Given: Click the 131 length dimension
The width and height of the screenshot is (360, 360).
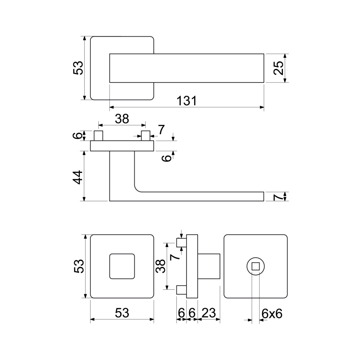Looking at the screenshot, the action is pos(186,101).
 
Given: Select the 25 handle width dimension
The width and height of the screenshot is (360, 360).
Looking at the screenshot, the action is pos(279,68).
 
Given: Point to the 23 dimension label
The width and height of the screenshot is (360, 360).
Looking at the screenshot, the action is pos(209,313).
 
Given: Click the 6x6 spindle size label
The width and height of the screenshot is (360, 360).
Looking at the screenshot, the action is pos(272,314).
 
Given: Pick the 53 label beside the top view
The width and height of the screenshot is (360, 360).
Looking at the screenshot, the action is pos(78,68).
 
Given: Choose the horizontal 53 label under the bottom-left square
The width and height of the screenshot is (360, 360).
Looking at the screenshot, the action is pos(122,313).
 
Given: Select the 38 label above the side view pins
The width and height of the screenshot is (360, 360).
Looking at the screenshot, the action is pos(122,119).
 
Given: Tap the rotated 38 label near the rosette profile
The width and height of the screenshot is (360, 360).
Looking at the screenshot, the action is pos(161,266).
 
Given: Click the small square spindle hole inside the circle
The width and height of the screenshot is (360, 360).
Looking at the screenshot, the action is pos(256,266).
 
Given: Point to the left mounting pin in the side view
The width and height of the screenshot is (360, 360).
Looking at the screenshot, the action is pos(99,136).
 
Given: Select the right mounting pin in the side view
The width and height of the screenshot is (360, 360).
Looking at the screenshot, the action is pos(145,136).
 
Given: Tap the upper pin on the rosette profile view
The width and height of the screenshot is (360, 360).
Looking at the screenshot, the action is pos(181,243).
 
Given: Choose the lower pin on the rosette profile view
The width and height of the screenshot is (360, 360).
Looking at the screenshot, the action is pos(181,290).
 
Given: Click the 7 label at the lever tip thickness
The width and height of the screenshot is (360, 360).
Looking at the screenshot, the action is pos(278,197).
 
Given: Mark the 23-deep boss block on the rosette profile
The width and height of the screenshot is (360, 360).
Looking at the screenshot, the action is pos(209,266).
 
